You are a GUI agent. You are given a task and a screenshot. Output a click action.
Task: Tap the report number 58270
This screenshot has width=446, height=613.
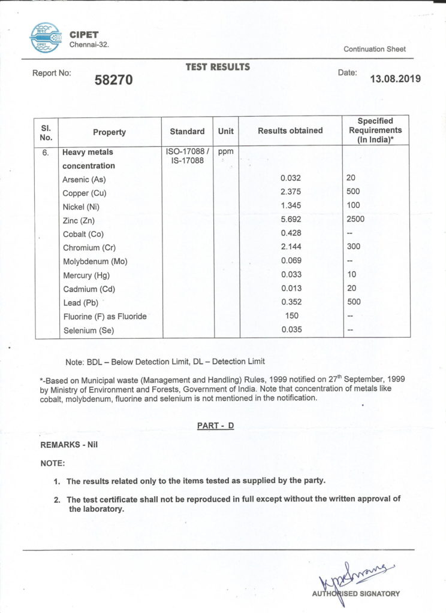114,80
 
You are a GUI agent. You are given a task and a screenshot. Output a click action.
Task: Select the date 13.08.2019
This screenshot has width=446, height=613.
396,78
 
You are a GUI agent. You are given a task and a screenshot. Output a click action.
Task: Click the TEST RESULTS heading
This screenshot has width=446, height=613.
218,67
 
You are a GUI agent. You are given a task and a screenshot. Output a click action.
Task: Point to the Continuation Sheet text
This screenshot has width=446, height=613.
375,49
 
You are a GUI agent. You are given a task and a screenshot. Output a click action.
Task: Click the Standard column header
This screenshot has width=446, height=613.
187,131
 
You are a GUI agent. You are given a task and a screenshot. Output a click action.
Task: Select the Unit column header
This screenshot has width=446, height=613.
226,131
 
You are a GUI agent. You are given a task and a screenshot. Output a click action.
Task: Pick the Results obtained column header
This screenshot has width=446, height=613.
290,131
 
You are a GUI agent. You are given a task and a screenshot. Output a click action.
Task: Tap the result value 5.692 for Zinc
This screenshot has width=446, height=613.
290,220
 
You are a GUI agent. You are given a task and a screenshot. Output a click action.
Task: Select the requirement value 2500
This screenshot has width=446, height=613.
355,220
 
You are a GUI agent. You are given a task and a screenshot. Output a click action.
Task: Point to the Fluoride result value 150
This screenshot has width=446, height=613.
290,315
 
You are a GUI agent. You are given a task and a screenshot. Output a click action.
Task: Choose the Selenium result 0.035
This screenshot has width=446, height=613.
290,330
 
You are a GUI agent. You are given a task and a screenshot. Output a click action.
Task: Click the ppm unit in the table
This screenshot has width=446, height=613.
225,152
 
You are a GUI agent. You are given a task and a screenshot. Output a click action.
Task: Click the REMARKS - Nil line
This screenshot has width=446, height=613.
69,445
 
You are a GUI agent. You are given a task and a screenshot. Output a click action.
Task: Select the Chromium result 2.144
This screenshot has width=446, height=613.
290,247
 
